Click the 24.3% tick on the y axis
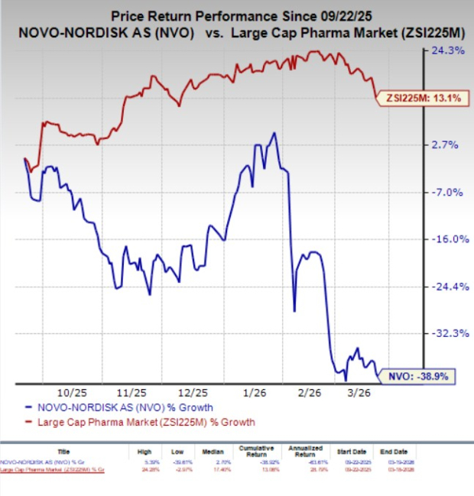click(449, 51)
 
